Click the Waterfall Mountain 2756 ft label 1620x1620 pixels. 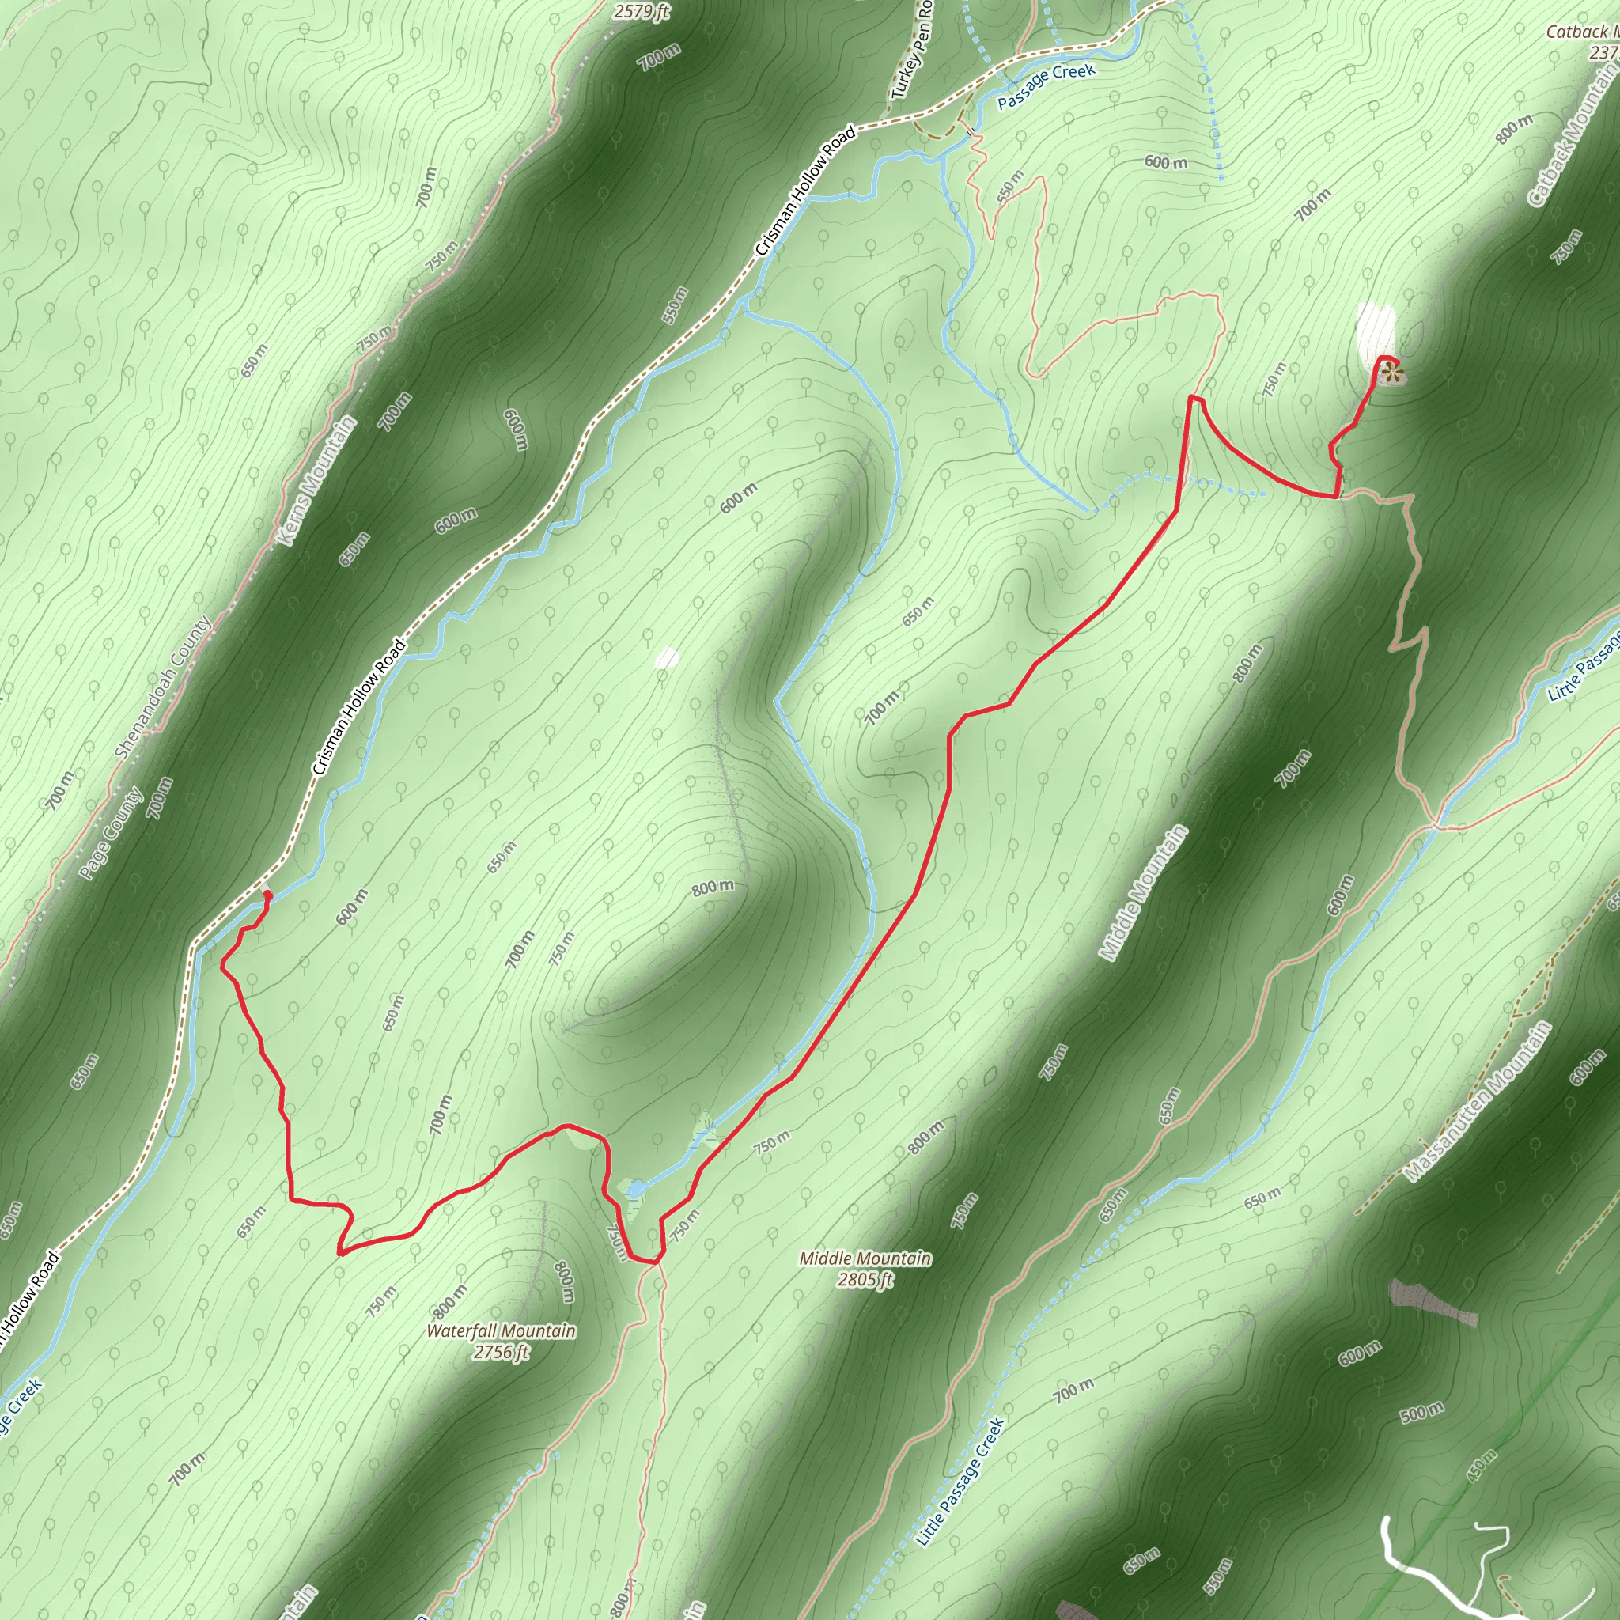click(501, 1341)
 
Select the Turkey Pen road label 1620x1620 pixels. click(913, 51)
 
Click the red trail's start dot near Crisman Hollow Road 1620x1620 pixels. click(267, 895)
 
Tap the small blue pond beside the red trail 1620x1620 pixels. click(634, 1189)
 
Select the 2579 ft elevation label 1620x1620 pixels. click(642, 11)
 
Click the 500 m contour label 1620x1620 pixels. click(1422, 1413)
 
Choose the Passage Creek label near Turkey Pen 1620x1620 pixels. click(1046, 85)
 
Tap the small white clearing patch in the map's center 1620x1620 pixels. click(667, 657)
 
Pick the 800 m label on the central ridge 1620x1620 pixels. click(713, 888)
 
